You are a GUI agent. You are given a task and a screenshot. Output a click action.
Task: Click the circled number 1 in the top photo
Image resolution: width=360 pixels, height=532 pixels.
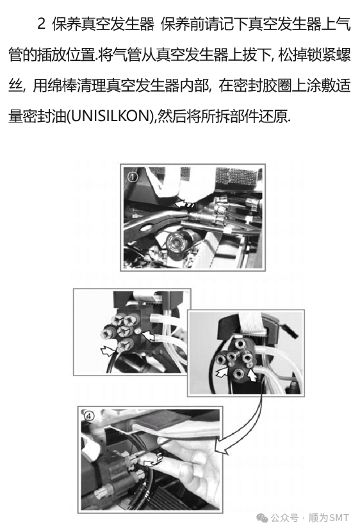(x=132, y=176)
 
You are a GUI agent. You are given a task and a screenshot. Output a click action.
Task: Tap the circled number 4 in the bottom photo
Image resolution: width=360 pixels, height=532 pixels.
(x=89, y=416)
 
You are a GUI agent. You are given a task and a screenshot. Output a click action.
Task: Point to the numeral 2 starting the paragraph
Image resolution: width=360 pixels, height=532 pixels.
(x=41, y=24)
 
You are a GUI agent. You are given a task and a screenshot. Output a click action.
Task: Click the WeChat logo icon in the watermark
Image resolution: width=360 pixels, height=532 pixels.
(x=262, y=518)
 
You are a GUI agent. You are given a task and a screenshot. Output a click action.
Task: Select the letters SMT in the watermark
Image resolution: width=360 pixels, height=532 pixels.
(x=339, y=518)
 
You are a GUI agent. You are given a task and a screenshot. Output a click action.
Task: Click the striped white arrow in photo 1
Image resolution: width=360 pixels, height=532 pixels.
(x=184, y=204)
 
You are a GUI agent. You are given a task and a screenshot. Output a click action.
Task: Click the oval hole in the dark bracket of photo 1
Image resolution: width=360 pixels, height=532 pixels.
(x=146, y=226)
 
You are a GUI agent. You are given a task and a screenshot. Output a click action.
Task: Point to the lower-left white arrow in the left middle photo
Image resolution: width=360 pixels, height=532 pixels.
(x=108, y=351)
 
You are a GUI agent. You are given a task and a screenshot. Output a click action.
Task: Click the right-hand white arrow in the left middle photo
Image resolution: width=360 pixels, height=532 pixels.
(x=148, y=336)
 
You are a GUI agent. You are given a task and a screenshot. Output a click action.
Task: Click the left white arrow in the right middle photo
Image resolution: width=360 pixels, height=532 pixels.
(x=222, y=372)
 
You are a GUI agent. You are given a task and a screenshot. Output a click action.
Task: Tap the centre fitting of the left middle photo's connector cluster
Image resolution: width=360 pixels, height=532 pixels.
(x=123, y=331)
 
